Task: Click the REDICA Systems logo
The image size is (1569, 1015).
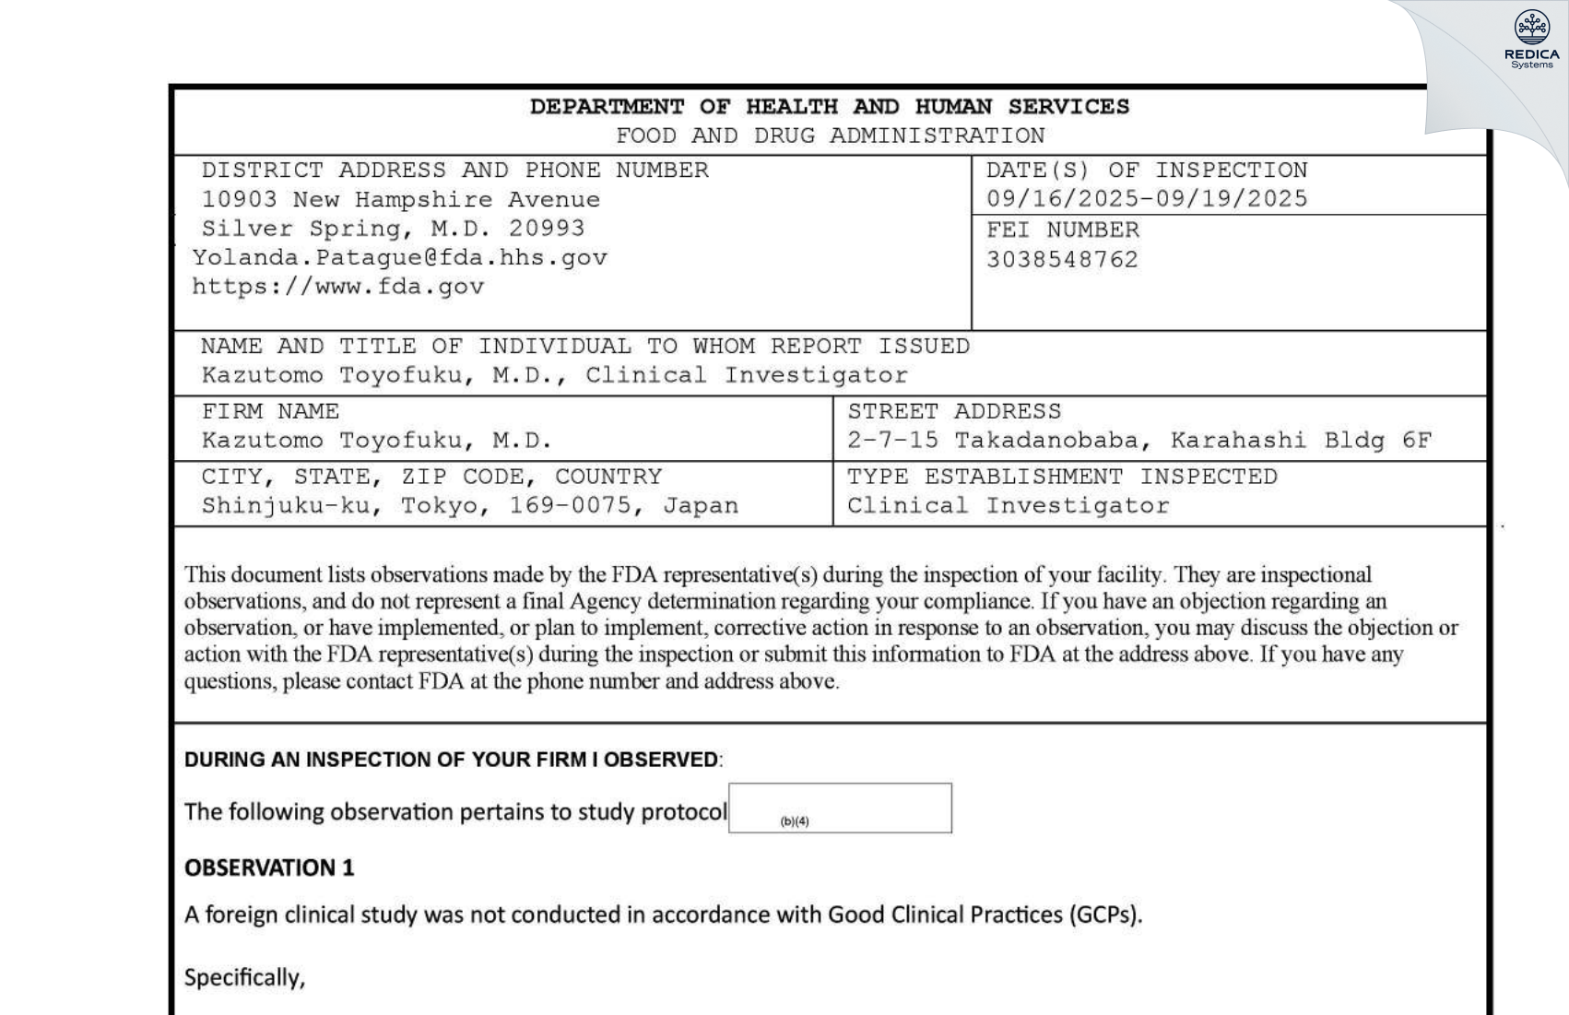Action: pos(1531,40)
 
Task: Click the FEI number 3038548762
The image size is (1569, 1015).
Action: pos(1062,260)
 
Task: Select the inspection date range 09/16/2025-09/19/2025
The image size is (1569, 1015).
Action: pos(1146,199)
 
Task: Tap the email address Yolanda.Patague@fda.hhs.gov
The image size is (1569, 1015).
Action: pos(400,258)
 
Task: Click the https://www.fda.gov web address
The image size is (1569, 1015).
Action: pos(338,287)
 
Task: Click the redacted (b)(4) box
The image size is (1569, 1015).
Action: pos(840,808)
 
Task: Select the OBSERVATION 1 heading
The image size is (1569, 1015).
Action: pos(269,868)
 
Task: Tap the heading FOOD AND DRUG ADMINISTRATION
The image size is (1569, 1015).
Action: pos(830,136)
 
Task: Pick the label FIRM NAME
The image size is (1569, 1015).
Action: pos(270,411)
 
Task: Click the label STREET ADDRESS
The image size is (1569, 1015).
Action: pos(954,411)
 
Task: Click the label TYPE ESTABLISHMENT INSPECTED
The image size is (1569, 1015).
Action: pos(1062,477)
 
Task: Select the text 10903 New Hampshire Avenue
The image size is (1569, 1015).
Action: pos(400,200)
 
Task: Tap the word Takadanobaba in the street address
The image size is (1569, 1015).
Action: pos(1045,441)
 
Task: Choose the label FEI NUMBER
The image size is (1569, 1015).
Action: pos(1062,230)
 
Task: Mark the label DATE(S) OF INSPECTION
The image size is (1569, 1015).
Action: pos(1146,171)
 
